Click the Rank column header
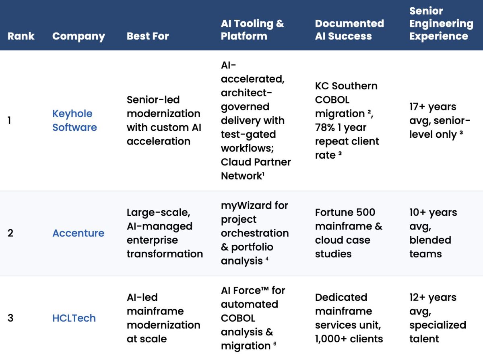[21, 36]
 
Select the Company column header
[78, 36]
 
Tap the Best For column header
[147, 36]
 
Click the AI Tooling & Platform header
[252, 29]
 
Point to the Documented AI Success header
[349, 29]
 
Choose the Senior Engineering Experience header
[441, 23]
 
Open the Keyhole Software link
[74, 120]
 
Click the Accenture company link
[78, 233]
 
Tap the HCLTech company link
[74, 318]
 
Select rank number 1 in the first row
[9, 120]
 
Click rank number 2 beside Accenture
[10, 233]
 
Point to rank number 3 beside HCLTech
[10, 318]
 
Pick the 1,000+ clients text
[349, 339]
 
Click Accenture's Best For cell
[165, 233]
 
